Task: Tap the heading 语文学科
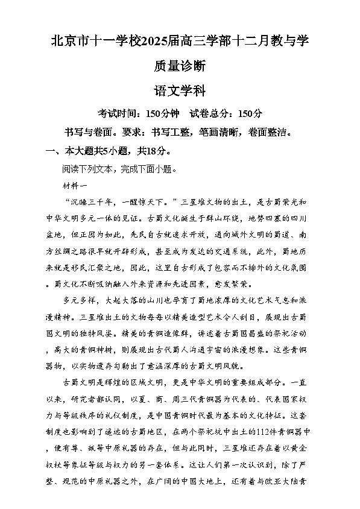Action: coord(180,92)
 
